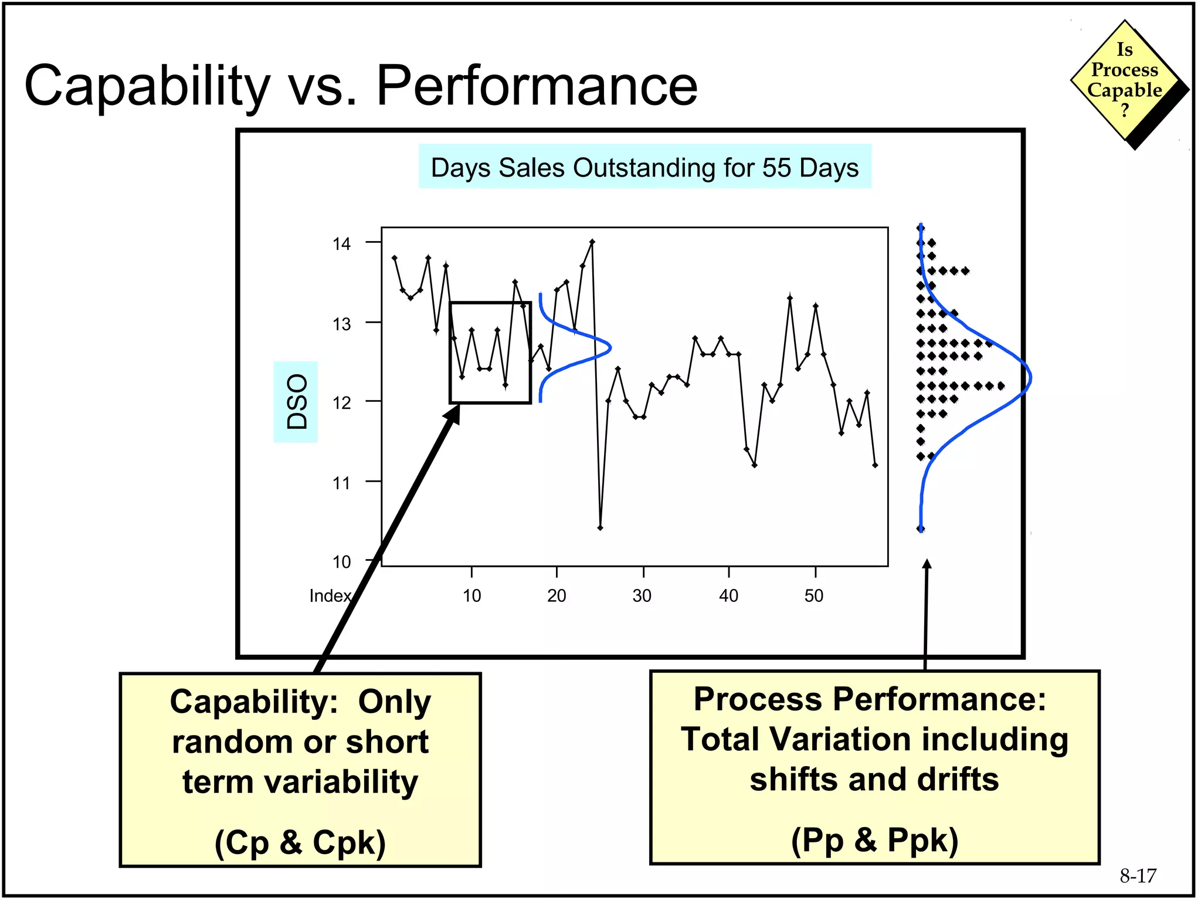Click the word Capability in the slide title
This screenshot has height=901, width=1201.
147,87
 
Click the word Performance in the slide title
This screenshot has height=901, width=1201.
536,86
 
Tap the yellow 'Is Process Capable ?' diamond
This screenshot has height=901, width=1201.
1124,80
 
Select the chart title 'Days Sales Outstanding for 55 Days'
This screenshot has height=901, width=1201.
644,167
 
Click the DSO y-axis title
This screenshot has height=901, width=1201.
296,402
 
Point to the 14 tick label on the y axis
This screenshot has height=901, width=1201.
341,243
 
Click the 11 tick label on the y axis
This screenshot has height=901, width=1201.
341,483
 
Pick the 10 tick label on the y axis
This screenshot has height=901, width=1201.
341,562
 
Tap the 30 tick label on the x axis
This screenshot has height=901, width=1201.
642,596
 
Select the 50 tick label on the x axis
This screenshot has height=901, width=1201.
814,596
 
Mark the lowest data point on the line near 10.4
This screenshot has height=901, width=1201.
600,528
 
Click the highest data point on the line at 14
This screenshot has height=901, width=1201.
592,241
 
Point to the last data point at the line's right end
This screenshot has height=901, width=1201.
875,465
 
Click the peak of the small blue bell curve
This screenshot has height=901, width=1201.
610,348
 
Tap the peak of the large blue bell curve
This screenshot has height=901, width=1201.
1030,378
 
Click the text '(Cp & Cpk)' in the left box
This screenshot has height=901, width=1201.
300,842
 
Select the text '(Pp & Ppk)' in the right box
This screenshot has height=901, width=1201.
874,840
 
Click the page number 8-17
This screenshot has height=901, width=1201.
1138,876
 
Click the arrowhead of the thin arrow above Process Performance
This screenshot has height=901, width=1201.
927,564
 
